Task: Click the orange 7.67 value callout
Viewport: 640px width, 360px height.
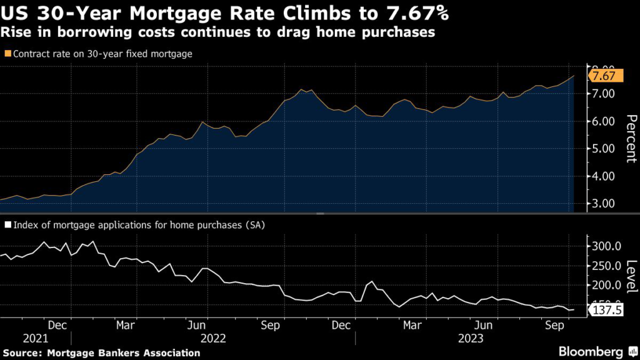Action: click(604, 76)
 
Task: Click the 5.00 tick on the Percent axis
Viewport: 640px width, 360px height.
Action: click(604, 149)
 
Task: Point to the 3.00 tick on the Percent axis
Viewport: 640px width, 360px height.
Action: click(604, 204)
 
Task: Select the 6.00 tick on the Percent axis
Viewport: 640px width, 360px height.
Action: click(604, 121)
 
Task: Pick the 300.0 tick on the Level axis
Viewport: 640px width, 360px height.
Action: click(605, 246)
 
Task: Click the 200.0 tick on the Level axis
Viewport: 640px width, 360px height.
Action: click(605, 286)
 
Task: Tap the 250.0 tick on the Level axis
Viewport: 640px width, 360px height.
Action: click(605, 266)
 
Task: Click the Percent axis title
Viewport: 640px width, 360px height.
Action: click(631, 139)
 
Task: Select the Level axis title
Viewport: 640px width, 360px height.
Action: click(631, 274)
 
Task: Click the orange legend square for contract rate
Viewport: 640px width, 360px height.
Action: click(7, 54)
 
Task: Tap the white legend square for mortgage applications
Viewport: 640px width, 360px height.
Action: click(7, 225)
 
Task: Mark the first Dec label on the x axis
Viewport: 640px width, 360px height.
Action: click(57, 326)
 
